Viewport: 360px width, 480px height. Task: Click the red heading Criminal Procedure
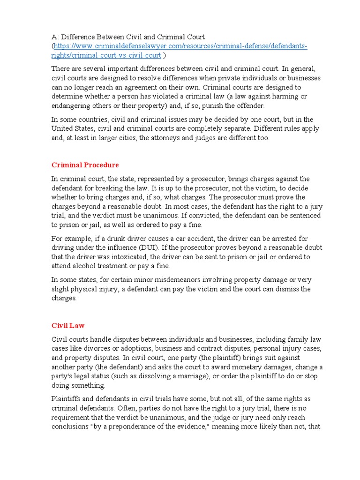85,165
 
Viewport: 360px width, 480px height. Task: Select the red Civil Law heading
68,325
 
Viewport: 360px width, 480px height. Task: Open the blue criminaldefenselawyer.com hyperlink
180,46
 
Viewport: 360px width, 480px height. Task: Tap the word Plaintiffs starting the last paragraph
67,399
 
